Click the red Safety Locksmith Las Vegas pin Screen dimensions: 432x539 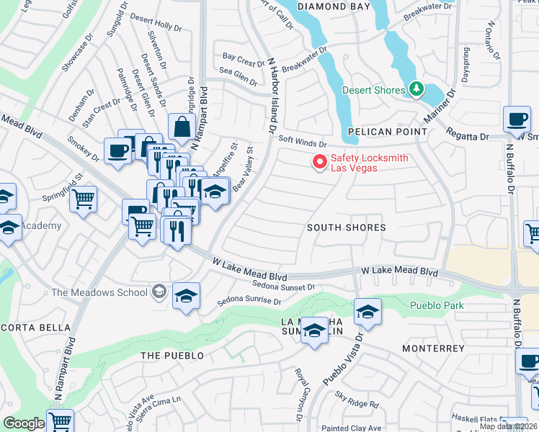318,162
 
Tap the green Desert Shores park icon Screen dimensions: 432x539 416,89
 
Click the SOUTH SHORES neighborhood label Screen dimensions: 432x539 346,228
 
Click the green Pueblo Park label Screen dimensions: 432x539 437,306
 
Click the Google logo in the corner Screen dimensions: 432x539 24,423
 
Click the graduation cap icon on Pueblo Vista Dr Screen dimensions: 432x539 367,311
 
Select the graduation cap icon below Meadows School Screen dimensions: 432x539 186,296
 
